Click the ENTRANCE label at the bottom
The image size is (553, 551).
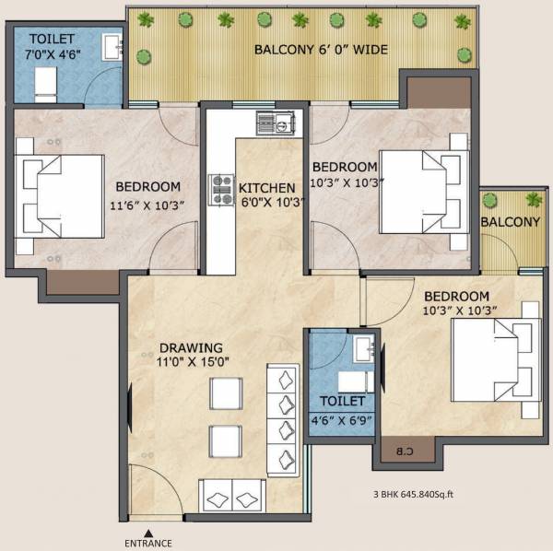pyautogui.click(x=147, y=543)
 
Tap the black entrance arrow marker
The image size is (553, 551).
pyautogui.click(x=147, y=533)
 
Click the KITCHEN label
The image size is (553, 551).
pyautogui.click(x=267, y=188)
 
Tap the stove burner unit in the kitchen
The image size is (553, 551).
pyautogui.click(x=222, y=189)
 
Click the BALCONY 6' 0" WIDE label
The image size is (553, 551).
pyautogui.click(x=321, y=49)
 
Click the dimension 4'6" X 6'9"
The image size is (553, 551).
pyautogui.click(x=342, y=419)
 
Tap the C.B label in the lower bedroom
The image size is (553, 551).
pyautogui.click(x=406, y=451)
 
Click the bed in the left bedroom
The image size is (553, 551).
pyautogui.click(x=62, y=195)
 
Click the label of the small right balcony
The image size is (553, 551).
pyautogui.click(x=510, y=222)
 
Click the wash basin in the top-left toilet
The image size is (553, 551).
pyautogui.click(x=112, y=46)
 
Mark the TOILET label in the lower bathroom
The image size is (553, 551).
pyautogui.click(x=342, y=402)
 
